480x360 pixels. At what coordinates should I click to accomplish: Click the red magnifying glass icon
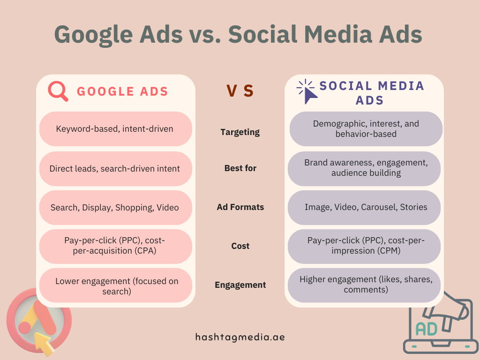[58, 91]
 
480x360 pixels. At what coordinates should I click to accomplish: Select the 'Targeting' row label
[240, 132]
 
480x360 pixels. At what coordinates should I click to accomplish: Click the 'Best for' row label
[240, 168]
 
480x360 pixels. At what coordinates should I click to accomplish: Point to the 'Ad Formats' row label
[240, 207]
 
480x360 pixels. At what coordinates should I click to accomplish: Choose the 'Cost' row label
[240, 246]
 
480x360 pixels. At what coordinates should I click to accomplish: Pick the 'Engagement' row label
[240, 285]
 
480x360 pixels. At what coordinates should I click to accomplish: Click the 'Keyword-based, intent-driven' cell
[115, 129]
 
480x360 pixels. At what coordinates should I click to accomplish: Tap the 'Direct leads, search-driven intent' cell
[115, 168]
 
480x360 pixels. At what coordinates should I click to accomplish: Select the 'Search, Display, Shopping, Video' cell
[115, 207]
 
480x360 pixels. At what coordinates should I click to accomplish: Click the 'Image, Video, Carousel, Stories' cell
[366, 207]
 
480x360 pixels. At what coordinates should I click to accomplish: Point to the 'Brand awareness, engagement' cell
[366, 168]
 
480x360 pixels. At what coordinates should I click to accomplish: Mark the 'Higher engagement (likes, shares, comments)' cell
[366, 285]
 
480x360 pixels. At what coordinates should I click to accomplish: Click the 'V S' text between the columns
[240, 91]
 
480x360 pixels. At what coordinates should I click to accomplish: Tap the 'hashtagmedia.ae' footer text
[240, 337]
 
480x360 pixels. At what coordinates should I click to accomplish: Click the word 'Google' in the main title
[97, 34]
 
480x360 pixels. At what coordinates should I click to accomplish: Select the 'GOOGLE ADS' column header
[122, 91]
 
